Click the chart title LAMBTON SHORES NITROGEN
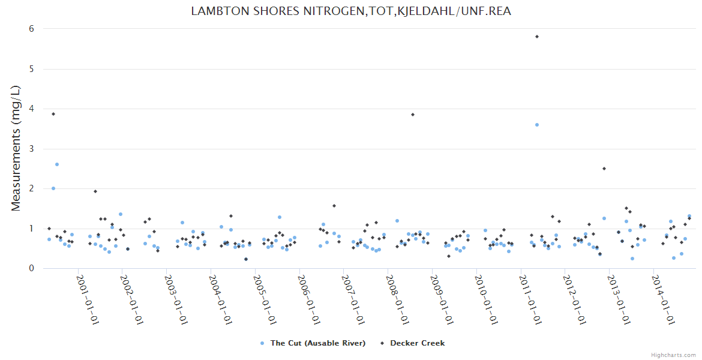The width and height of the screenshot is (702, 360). click(351, 11)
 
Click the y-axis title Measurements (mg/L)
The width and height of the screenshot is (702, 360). click(16, 148)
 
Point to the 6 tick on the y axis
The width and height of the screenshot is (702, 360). click(31, 29)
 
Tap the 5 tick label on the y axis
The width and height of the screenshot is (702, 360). click(31, 69)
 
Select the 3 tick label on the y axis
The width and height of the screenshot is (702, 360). click(31, 149)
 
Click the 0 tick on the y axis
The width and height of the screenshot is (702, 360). click(31, 268)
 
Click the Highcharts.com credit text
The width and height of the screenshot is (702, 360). click(673, 355)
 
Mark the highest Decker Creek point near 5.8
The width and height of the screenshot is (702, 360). click(537, 37)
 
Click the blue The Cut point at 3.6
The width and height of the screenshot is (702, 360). click(537, 125)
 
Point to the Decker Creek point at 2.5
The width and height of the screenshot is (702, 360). click(604, 169)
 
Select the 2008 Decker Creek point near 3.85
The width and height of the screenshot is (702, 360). click(413, 115)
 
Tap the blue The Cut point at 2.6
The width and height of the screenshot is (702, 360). click(57, 164)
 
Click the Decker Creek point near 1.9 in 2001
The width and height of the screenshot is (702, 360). click(95, 191)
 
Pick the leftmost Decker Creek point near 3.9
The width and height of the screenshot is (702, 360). click(53, 114)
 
